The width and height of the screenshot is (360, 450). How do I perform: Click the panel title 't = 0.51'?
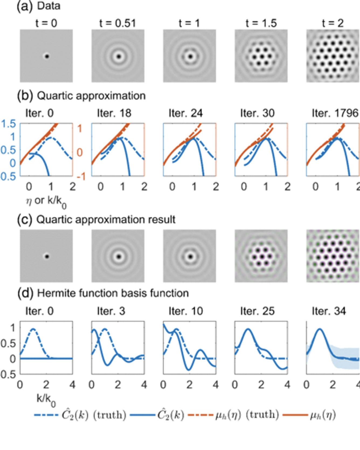click(x=117, y=23)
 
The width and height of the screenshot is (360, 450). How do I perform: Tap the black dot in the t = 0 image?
click(x=47, y=56)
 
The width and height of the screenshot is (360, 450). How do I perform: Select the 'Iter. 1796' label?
click(x=335, y=113)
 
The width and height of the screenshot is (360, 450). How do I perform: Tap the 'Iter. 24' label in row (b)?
click(x=186, y=113)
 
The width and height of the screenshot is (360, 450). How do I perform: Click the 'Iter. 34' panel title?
click(x=329, y=311)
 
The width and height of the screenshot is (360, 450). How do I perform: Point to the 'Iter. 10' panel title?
click(x=186, y=311)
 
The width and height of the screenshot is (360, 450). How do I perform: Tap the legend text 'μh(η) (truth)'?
click(x=247, y=415)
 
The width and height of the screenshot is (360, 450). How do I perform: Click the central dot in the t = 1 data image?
click(x=191, y=57)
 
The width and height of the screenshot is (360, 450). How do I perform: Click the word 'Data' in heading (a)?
click(x=49, y=6)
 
